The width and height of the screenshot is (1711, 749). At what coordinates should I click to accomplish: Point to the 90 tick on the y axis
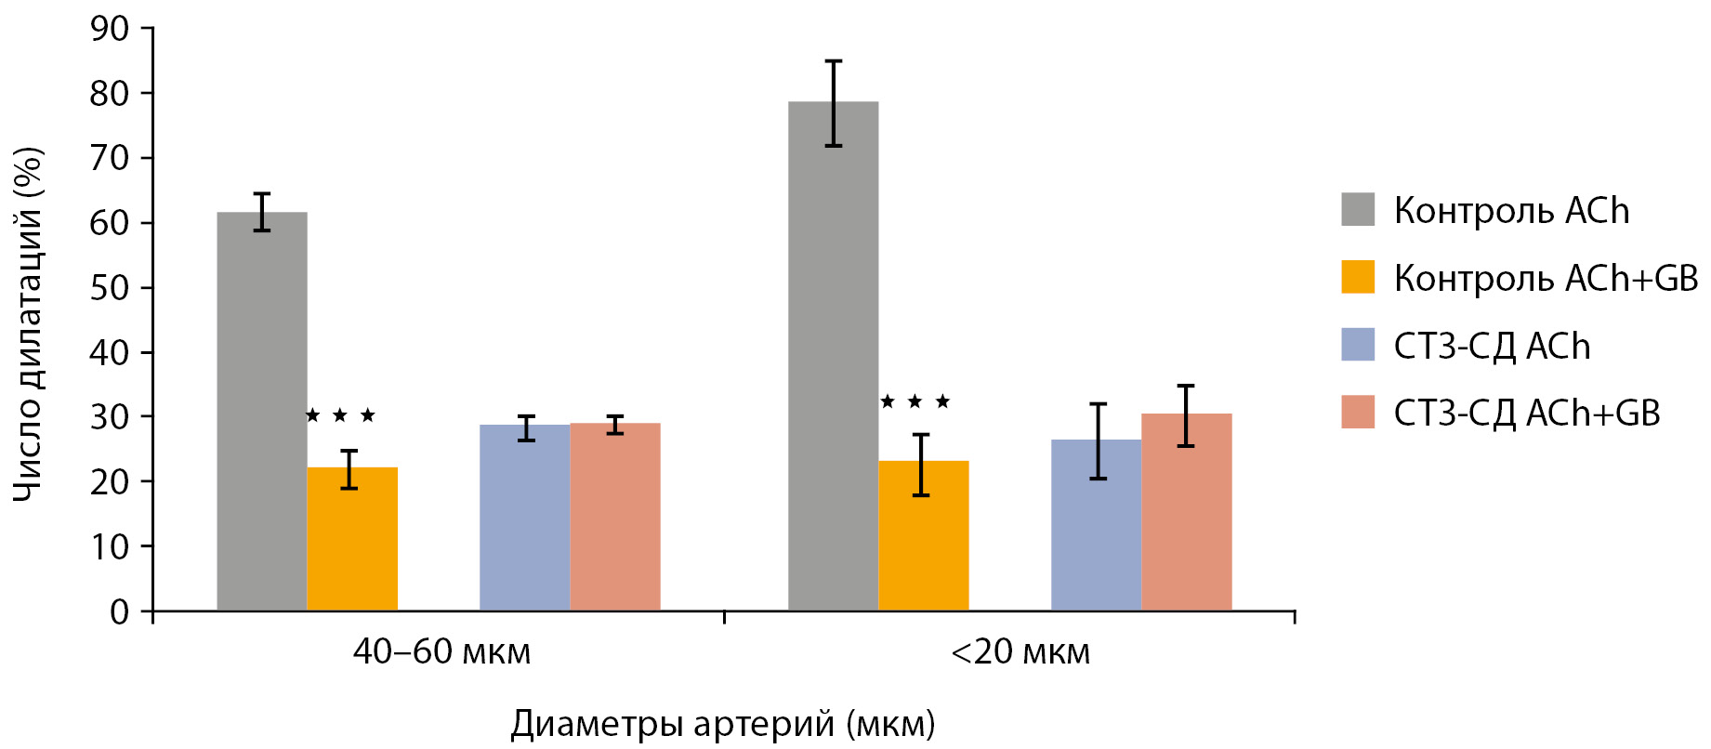[x=110, y=29]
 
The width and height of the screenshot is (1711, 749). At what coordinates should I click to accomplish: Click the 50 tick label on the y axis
[x=110, y=288]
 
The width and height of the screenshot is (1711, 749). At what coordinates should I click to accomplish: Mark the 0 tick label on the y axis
[x=119, y=611]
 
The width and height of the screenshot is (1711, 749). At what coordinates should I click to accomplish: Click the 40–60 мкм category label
[x=441, y=651]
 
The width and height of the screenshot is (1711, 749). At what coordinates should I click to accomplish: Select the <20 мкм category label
[x=1020, y=651]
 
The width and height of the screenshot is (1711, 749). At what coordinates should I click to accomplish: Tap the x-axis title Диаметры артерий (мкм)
[x=722, y=724]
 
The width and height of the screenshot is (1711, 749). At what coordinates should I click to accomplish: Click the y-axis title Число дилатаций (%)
[x=28, y=323]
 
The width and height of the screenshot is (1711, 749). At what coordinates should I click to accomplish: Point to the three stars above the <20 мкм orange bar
[x=915, y=401]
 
